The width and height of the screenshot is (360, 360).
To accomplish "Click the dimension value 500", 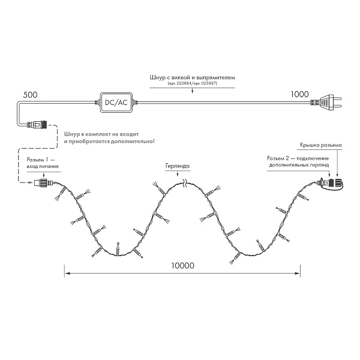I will [30, 95].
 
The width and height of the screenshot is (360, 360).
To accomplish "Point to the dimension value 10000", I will [182, 266].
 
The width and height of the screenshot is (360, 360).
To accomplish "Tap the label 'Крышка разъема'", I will [320, 145].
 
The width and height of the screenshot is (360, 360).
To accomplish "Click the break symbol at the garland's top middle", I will [186, 184].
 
